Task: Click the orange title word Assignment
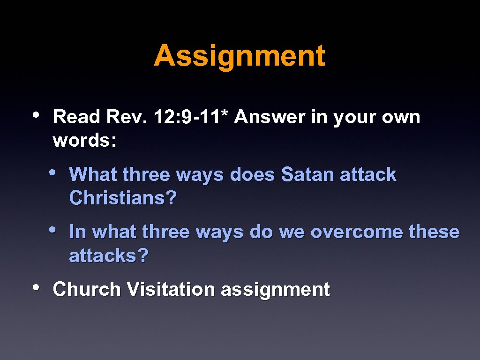pos(239,56)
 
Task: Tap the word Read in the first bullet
pos(76,117)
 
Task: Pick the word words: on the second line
pos(85,141)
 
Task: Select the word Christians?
pos(123,198)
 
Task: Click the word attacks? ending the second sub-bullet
pos(109,256)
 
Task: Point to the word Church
pos(87,290)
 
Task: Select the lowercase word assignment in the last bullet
pos(275,290)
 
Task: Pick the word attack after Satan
pos(368,175)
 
